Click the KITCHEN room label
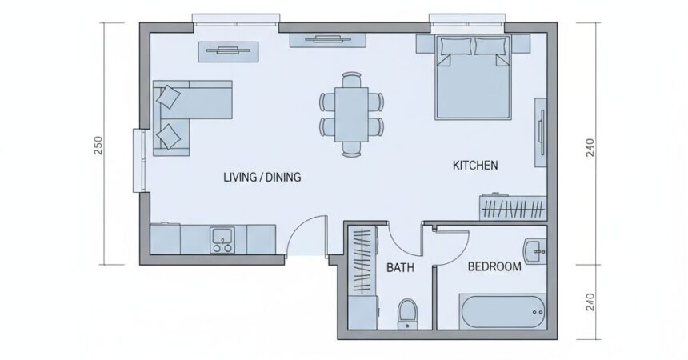[475, 166]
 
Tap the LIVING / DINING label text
[262, 178]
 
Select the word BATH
[400, 267]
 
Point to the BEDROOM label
[494, 266]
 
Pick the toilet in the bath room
[407, 314]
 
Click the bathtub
[503, 312]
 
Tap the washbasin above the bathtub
[535, 252]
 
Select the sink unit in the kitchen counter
[222, 240]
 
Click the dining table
[351, 114]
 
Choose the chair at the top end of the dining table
[351, 79]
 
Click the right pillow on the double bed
[490, 46]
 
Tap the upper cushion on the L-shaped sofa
[169, 97]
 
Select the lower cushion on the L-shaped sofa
[169, 137]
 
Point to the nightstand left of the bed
[425, 44]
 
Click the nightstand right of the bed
[521, 44]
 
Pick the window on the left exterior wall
[138, 160]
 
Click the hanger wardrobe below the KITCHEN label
[513, 208]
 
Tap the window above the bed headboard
[468, 24]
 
